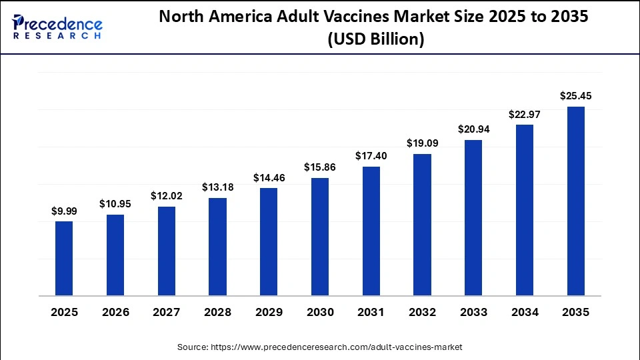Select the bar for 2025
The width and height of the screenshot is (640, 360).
(x=64, y=258)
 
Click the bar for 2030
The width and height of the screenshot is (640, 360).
(x=320, y=236)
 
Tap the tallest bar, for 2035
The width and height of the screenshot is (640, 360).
(x=576, y=201)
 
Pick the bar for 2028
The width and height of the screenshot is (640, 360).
(x=217, y=246)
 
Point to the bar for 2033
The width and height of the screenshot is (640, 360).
(x=473, y=217)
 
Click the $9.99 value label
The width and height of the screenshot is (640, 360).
(x=64, y=211)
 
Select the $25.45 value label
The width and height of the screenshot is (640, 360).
(x=576, y=96)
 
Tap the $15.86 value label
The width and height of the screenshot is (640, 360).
(x=320, y=167)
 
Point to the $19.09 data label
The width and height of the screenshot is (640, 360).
(x=423, y=143)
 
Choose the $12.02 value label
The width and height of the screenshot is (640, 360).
(x=167, y=196)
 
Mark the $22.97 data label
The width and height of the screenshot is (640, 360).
(x=525, y=114)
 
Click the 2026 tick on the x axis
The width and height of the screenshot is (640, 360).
(x=115, y=312)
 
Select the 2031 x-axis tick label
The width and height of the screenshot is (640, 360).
(x=371, y=312)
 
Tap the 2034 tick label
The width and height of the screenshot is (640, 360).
(x=525, y=312)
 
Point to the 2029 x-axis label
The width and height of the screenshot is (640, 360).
(x=269, y=312)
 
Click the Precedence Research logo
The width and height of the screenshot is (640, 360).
(x=57, y=27)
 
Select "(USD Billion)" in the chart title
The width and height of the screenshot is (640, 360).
(x=375, y=39)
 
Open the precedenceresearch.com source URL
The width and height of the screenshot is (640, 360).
(x=337, y=347)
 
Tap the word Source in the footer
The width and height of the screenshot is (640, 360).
(x=192, y=347)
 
